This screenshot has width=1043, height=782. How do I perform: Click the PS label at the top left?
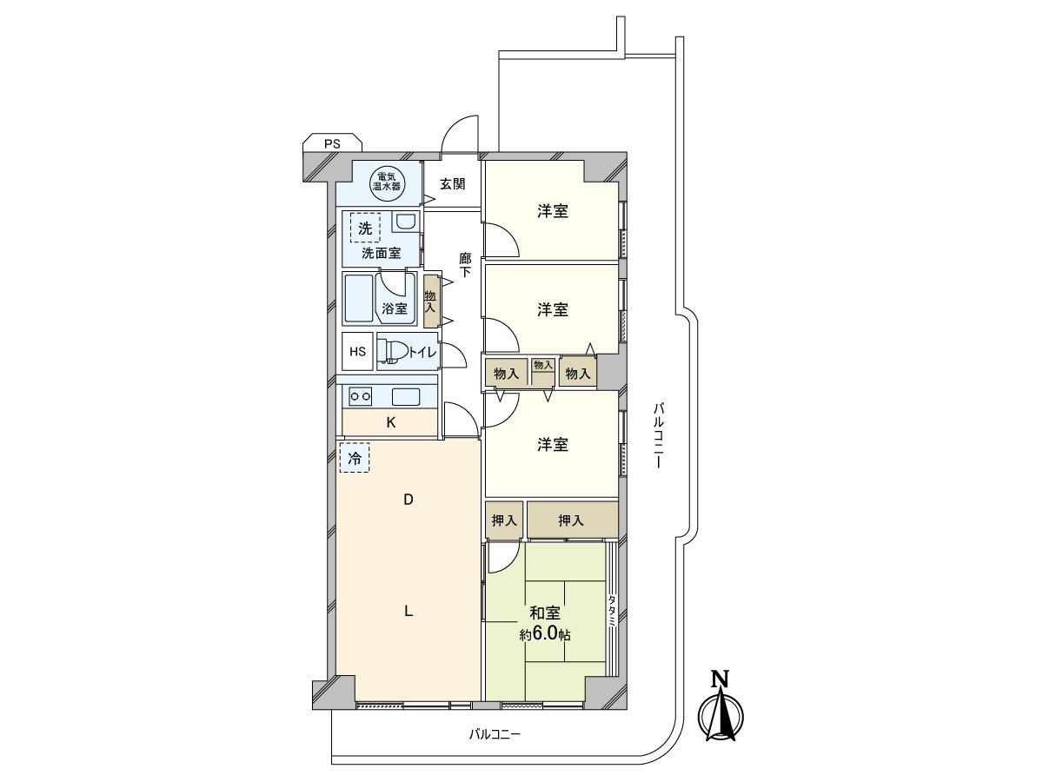[332, 144]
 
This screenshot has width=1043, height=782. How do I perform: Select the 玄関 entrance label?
[452, 184]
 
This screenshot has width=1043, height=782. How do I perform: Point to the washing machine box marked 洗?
[366, 229]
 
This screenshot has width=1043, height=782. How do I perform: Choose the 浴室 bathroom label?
[394, 308]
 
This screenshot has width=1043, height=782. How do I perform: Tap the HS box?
[357, 352]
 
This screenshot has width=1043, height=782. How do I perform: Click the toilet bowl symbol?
[394, 352]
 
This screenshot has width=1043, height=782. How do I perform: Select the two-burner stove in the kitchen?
[360, 397]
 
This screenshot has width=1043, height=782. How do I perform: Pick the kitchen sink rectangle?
[406, 397]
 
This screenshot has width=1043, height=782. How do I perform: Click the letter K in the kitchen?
[391, 423]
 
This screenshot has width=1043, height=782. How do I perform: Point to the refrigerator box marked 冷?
[355, 458]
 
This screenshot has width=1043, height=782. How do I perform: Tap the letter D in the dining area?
[408, 500]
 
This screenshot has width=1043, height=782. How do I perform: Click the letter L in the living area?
[408, 611]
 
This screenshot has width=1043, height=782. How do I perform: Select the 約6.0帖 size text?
[545, 635]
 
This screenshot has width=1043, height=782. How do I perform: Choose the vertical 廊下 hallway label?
[465, 265]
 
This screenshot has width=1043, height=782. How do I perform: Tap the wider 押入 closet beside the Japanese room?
[571, 520]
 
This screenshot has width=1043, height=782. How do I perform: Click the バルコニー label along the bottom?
[495, 734]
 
